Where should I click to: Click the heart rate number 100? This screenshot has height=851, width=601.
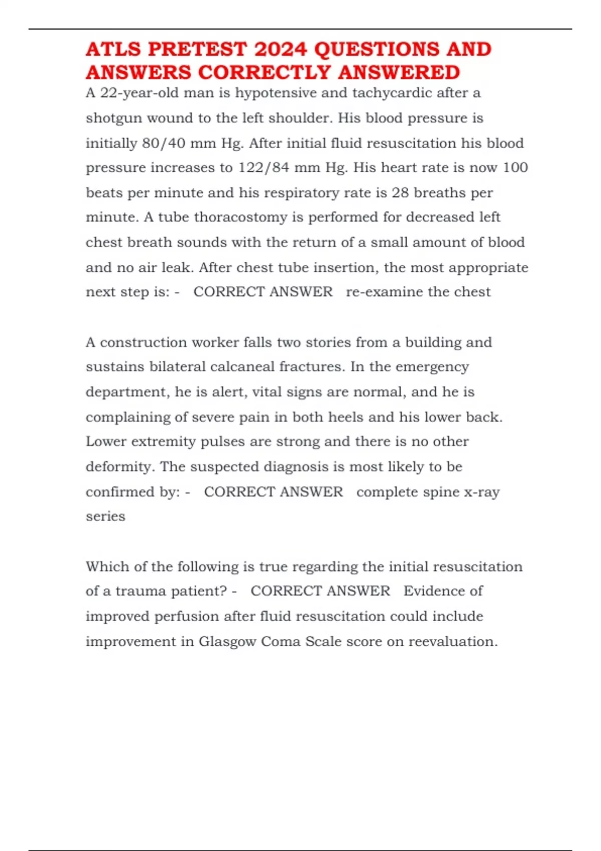(515, 168)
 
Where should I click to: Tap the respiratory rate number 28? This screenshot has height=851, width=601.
(400, 193)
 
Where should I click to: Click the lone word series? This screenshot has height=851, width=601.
(105, 516)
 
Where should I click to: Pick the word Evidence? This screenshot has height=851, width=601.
(443, 591)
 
